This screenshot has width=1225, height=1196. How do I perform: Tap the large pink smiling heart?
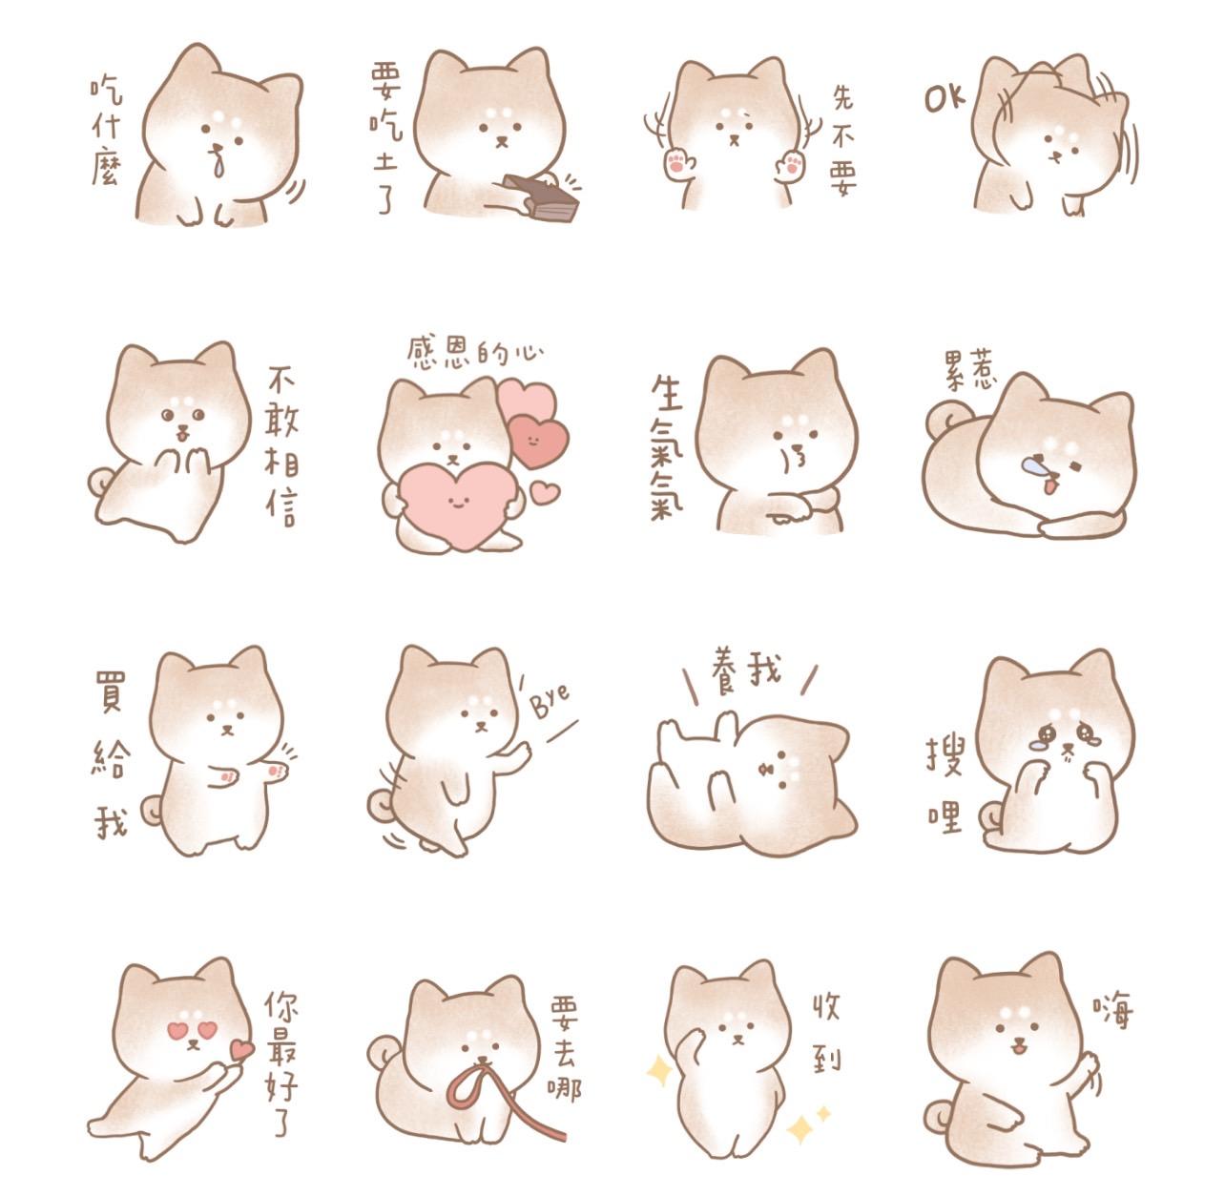pyautogui.click(x=457, y=503)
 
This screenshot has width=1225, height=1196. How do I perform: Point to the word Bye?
pyautogui.click(x=550, y=704)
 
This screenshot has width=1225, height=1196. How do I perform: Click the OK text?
pyautogui.click(x=945, y=96)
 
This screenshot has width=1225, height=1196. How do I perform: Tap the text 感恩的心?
pyautogui.click(x=474, y=352)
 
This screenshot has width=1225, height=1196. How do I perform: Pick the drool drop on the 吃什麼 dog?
pyautogui.click(x=220, y=166)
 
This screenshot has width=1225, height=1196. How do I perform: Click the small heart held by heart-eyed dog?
pyautogui.click(x=242, y=1050)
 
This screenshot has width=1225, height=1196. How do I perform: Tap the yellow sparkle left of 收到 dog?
pyautogui.click(x=658, y=1071)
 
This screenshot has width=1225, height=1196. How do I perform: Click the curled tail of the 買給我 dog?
pyautogui.click(x=152, y=810)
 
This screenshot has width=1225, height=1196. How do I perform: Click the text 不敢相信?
pyautogui.click(x=280, y=443)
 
